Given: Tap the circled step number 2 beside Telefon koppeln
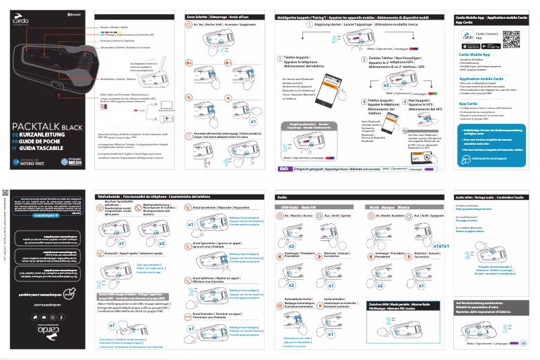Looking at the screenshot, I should pyautogui.click(x=281, y=58).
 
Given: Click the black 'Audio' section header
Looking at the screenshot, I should pyautogui.click(x=283, y=196).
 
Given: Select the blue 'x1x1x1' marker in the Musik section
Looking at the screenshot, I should pyautogui.click(x=440, y=246).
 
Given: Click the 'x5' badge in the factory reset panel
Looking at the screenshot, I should pyautogui.click(x=523, y=343).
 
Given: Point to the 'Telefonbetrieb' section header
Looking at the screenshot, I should pyautogui.click(x=109, y=196).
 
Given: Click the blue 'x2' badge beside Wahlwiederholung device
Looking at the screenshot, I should pyautogui.click(x=163, y=242).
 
